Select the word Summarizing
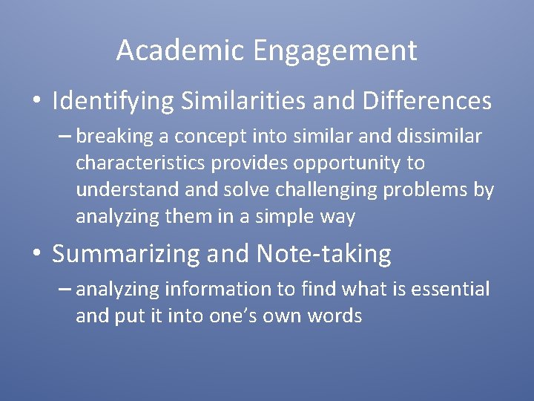(x=127, y=255)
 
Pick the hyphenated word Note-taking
(x=323, y=255)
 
